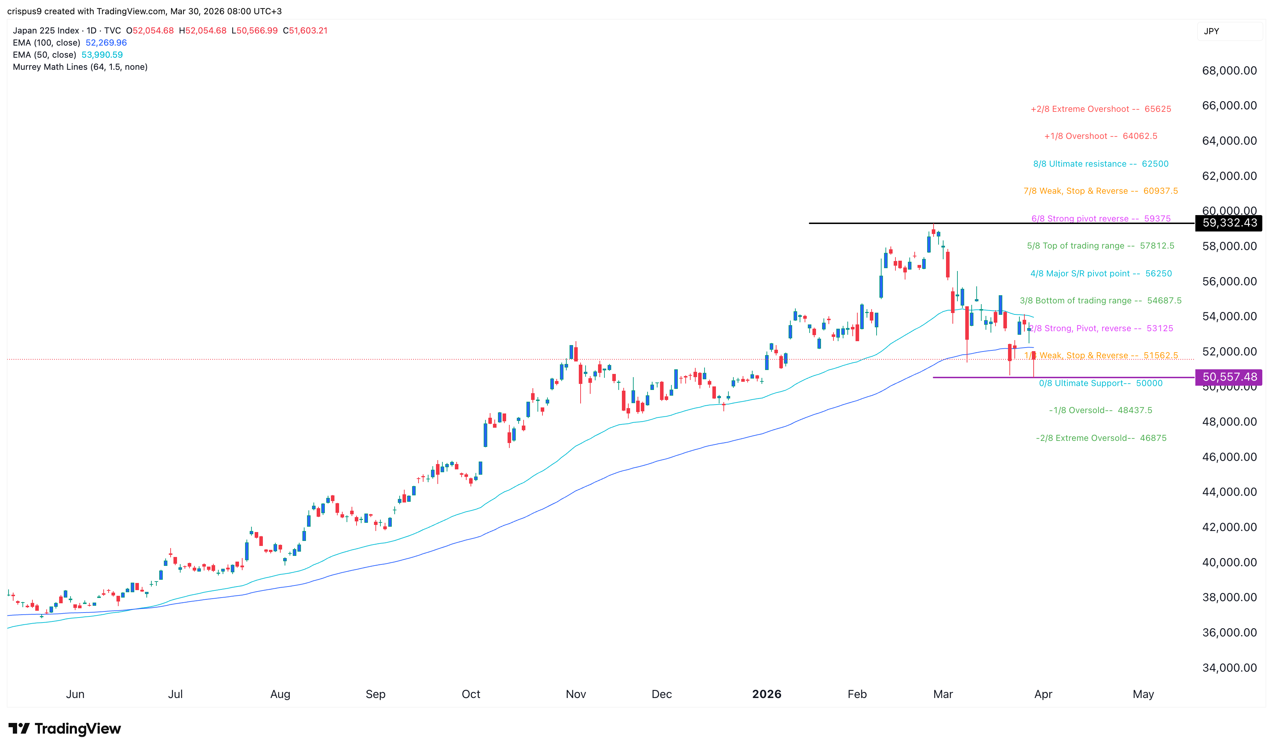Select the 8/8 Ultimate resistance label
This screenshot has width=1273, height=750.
click(x=1100, y=164)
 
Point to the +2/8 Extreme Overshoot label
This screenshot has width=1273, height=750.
click(x=1100, y=109)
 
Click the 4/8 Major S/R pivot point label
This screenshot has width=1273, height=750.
click(x=1100, y=274)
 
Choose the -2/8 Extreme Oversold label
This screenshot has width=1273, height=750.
click(x=1101, y=438)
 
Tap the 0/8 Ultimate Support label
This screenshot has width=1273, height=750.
click(x=1100, y=383)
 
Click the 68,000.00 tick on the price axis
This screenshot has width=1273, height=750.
click(x=1229, y=71)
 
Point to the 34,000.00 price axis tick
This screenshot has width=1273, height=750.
click(x=1229, y=668)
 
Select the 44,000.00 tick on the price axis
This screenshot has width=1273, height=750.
click(x=1229, y=492)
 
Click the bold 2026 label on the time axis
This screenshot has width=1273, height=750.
click(x=766, y=694)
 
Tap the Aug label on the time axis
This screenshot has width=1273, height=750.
click(x=280, y=694)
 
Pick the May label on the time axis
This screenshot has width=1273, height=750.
click(x=1143, y=694)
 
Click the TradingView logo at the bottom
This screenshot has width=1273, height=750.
click(x=65, y=728)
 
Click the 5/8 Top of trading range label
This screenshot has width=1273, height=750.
click(x=1100, y=246)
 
